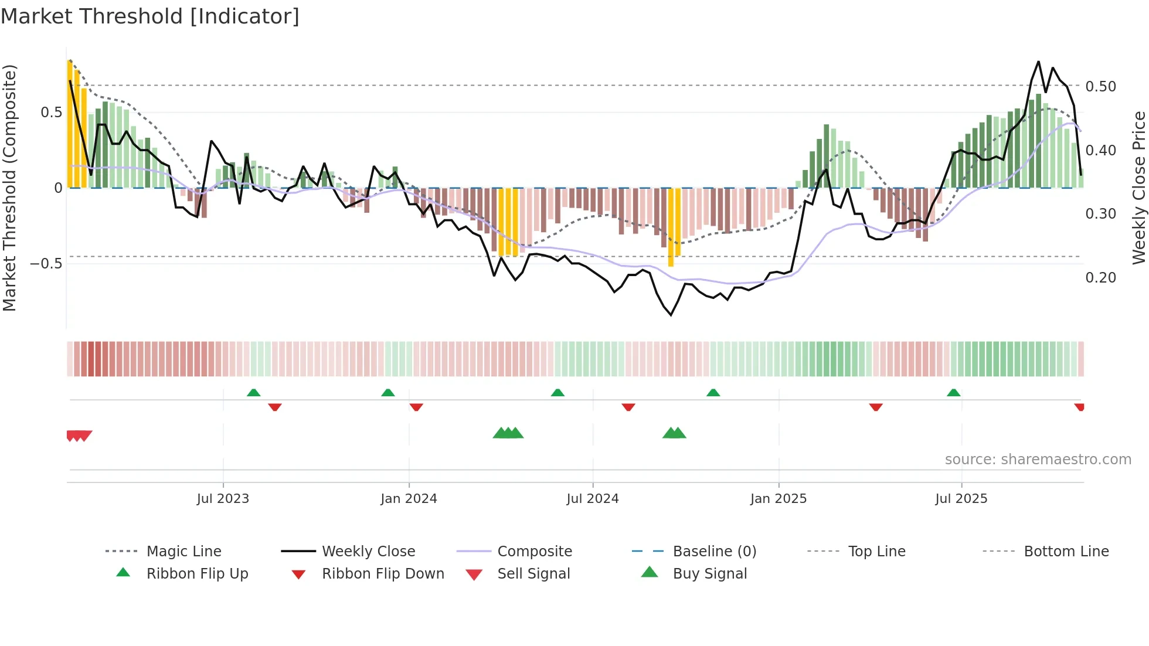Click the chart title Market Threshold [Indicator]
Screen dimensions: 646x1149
pos(150,16)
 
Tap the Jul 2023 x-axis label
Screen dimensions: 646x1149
pos(223,499)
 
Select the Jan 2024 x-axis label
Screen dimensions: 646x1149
pos(409,499)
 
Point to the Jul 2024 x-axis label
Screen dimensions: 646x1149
pos(592,499)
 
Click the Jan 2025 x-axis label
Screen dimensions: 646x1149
pos(779,499)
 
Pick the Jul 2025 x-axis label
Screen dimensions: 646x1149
pos(961,499)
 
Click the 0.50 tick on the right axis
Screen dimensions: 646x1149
pos(1100,87)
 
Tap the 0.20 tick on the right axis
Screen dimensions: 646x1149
pos(1100,278)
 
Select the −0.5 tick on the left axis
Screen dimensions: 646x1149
pos(46,264)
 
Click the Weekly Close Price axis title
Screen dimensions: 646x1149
pos(1138,188)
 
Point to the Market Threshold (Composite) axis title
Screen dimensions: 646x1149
pos(9,188)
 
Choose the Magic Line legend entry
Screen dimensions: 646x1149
pos(183,552)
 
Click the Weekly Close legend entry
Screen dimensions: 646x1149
pos(368,552)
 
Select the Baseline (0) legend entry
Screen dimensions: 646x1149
pos(714,552)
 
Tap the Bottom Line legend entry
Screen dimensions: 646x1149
pos(1066,552)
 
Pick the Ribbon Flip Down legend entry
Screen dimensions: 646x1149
pos(382,574)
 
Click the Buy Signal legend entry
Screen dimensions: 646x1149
pos(709,574)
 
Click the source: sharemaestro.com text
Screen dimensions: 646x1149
pos(1038,460)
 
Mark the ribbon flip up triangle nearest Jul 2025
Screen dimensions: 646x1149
pos(953,393)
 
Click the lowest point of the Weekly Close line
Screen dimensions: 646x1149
pos(671,315)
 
